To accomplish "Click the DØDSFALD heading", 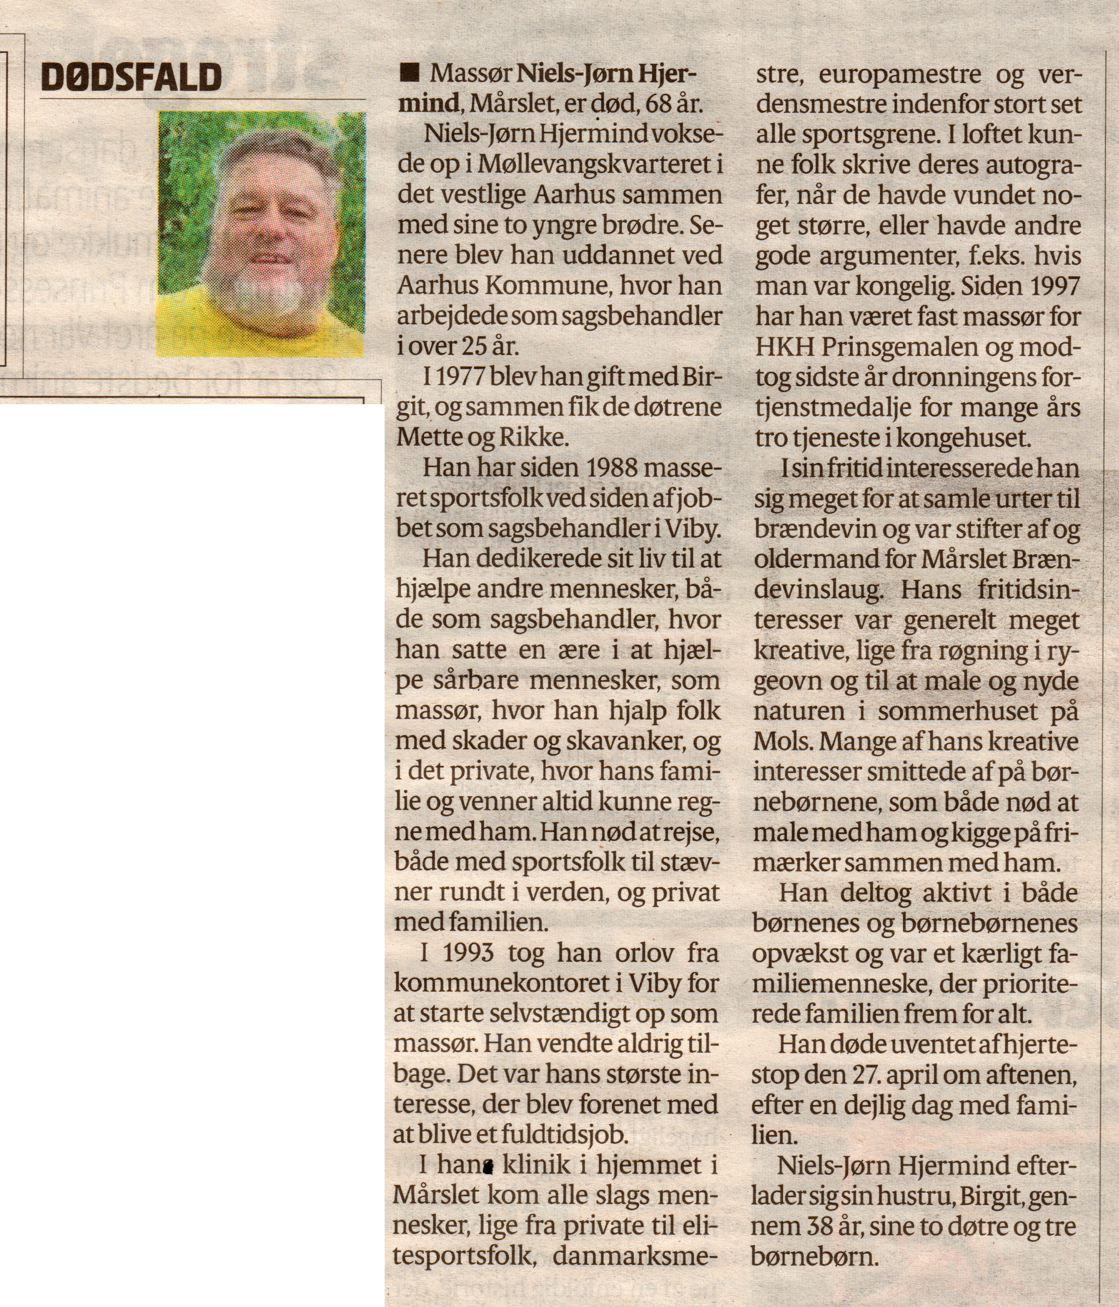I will (132, 78).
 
